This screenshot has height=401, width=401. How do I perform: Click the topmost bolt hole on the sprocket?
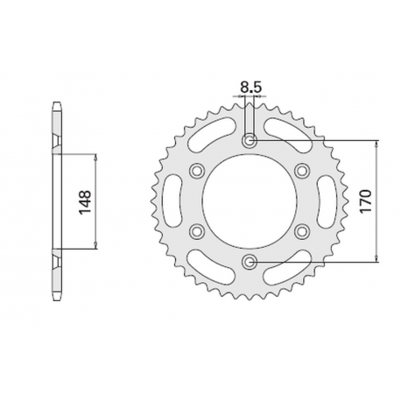250,140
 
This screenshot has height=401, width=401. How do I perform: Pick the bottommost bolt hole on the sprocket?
250,260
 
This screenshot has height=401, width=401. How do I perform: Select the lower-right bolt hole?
303,230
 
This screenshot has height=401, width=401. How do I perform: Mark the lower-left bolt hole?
198,230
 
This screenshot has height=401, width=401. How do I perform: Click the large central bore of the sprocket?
250,200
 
